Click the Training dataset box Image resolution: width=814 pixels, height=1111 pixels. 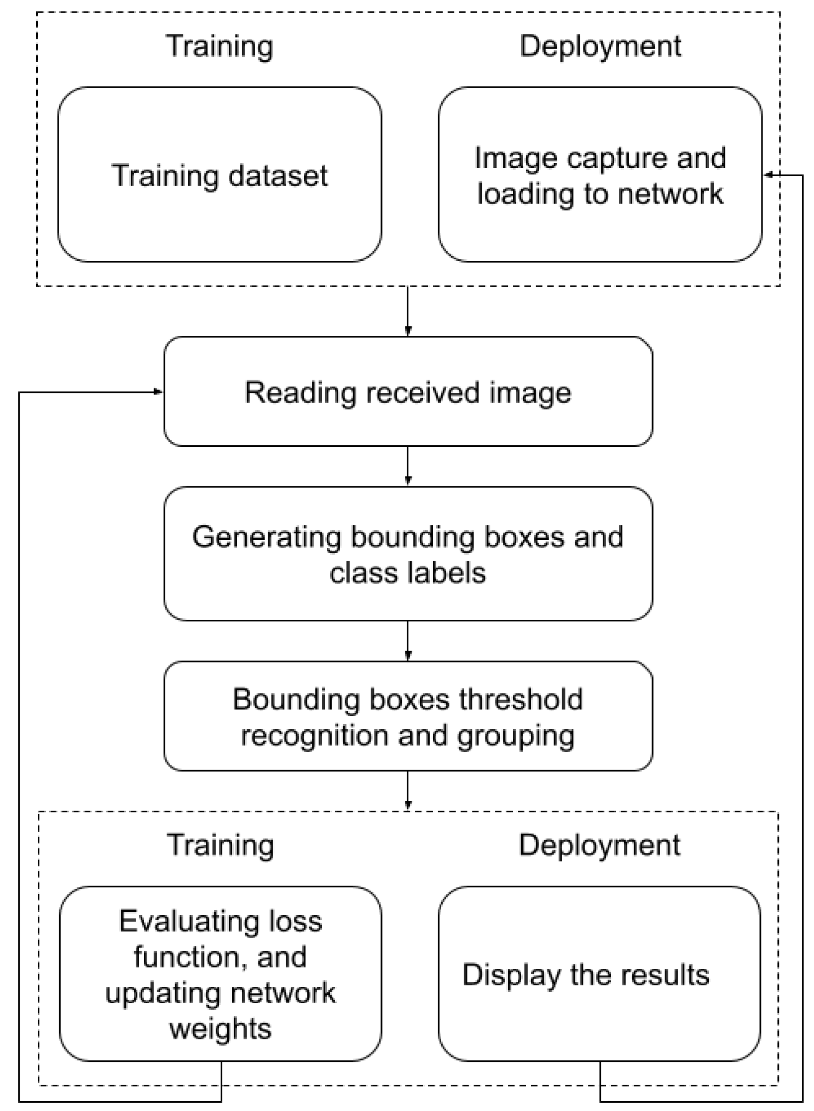pos(220,175)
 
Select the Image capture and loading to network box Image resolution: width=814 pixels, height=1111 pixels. pos(600,175)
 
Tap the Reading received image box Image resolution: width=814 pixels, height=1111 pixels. pos(408,392)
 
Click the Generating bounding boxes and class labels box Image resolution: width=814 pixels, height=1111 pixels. pos(408,554)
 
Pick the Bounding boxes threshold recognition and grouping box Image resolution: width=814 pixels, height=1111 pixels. pos(408,716)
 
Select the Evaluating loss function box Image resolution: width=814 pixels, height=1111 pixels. pos(220,974)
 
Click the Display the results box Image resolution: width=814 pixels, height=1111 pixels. pos(599,974)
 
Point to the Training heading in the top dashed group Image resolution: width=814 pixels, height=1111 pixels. pos(220,46)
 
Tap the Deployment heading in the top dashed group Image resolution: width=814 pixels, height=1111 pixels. pos(600,46)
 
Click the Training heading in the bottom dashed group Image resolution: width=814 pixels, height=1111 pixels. pos(220,845)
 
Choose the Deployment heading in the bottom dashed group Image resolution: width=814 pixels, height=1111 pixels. pos(599,845)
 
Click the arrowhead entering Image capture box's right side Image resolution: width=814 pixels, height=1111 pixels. pos(768,175)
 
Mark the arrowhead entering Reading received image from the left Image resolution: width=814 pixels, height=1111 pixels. pos(159,392)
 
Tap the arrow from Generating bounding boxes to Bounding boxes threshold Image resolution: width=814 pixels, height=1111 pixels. pos(408,640)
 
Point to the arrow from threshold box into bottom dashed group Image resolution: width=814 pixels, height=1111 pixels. pos(408,790)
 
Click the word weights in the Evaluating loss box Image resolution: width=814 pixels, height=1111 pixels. pos(221,1029)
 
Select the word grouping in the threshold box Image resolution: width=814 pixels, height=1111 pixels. pos(516,736)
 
